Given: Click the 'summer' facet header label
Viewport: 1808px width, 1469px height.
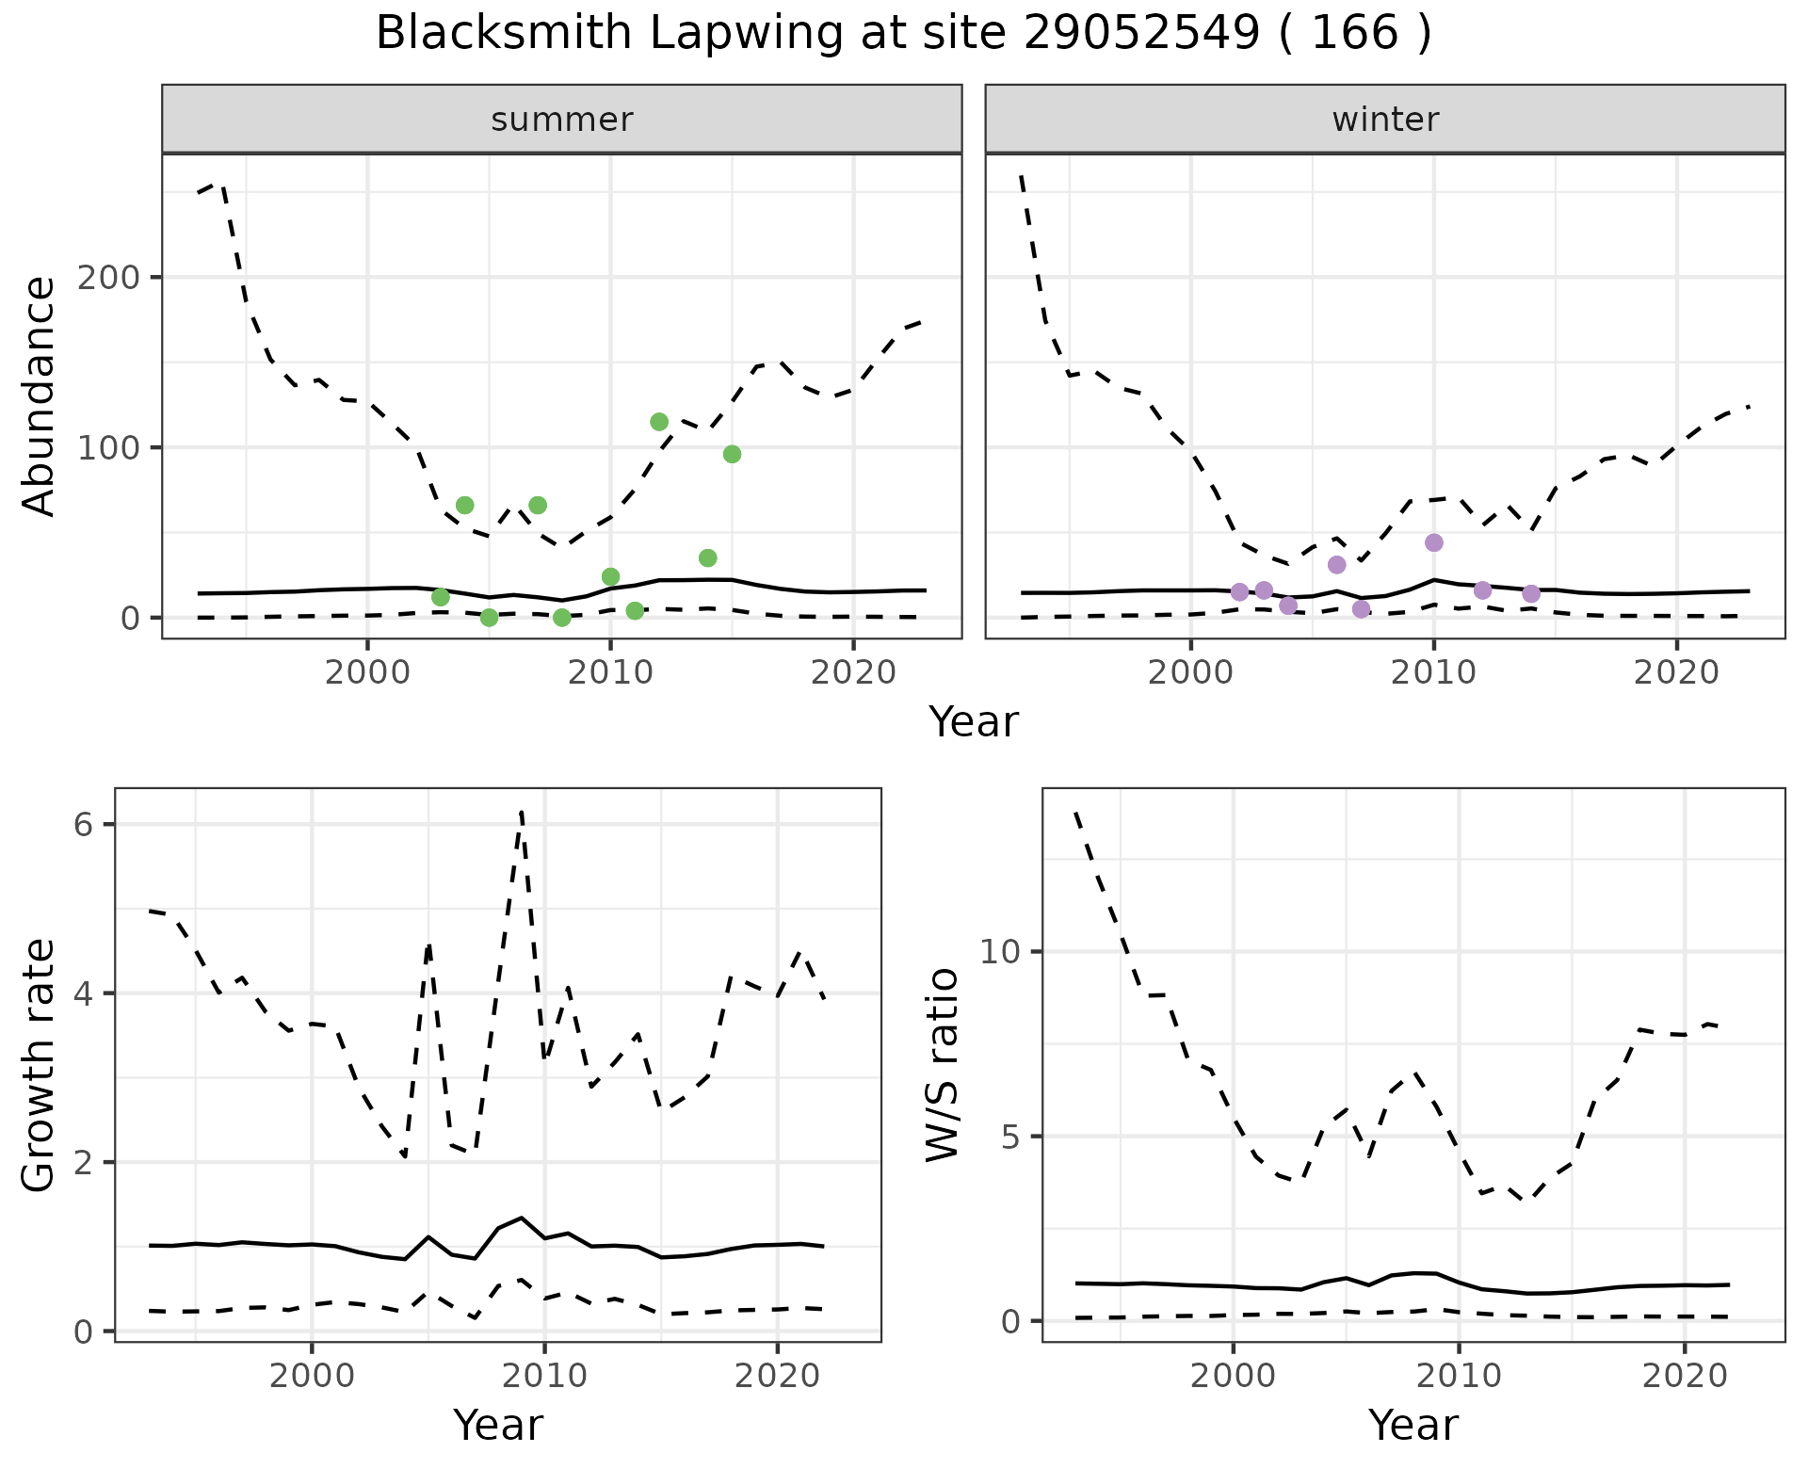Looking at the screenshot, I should click(x=562, y=120).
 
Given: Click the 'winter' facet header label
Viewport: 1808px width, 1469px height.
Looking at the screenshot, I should click(x=1385, y=120).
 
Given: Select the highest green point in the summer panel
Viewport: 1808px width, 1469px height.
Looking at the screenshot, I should click(x=659, y=422).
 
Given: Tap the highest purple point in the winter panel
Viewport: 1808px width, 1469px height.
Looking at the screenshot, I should click(x=1434, y=542).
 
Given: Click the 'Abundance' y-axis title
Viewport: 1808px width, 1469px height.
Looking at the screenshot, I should click(x=39, y=396).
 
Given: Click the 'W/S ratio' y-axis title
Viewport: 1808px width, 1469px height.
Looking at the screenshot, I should click(x=943, y=1065).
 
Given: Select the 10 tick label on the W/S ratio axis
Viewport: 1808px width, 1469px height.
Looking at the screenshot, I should click(x=1001, y=952).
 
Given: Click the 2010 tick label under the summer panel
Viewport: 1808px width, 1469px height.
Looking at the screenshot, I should click(x=610, y=673).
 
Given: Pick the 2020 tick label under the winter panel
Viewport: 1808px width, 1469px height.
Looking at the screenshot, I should click(x=1676, y=673).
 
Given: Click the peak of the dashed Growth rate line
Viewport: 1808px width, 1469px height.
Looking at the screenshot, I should click(x=522, y=811).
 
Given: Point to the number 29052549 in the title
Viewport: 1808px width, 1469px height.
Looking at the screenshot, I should click(x=1141, y=34).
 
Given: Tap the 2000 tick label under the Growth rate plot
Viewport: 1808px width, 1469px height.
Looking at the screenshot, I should click(x=312, y=1376).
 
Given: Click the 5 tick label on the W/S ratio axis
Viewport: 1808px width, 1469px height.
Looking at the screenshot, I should click(x=1011, y=1137).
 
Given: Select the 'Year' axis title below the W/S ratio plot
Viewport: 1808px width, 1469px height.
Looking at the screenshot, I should click(x=1413, y=1425).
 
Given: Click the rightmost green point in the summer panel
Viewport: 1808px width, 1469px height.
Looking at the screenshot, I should click(x=732, y=455).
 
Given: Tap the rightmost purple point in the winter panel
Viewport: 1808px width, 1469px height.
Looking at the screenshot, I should click(x=1531, y=593).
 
